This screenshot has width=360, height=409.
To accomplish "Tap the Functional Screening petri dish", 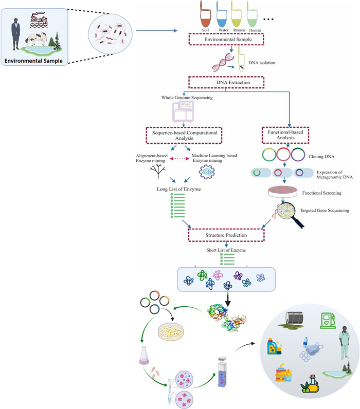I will [285, 193].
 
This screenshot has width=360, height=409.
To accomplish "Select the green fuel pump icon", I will [327, 320].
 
